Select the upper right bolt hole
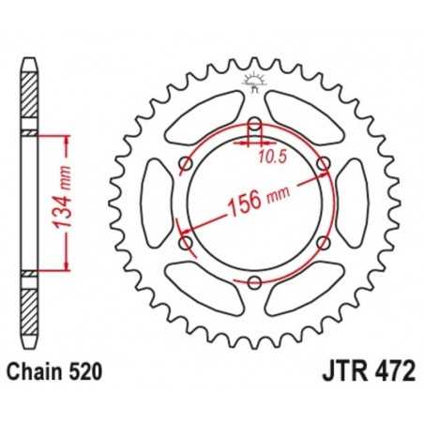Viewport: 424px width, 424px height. [325, 166]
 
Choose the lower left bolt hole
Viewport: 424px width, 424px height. [186, 242]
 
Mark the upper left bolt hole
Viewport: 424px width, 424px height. [186, 166]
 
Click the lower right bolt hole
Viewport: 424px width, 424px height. [325, 242]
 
